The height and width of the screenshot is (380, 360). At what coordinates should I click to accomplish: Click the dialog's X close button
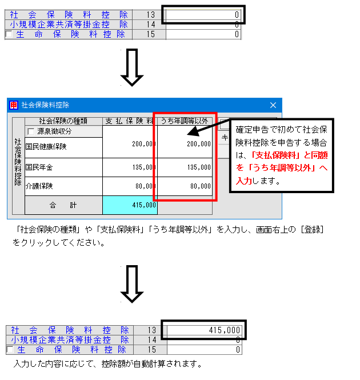tap(273, 105)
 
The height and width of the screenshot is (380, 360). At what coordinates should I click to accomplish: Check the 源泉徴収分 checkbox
tap(31, 131)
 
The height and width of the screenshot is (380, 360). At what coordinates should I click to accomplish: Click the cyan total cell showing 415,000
tap(130, 205)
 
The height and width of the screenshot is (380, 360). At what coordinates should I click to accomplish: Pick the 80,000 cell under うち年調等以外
tap(185, 186)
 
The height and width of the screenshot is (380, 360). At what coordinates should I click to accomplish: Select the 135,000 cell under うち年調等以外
tap(185, 167)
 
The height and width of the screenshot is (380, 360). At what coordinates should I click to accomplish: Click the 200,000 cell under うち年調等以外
tap(185, 144)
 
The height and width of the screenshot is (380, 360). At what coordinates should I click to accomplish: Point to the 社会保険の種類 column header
tap(63, 121)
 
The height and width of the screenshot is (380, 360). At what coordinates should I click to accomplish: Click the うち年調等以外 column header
tap(185, 121)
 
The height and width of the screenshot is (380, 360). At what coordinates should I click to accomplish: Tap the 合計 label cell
tap(63, 205)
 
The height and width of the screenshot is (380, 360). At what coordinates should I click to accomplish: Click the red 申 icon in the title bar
tap(14, 105)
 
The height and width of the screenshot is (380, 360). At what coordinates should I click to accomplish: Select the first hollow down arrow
tap(132, 67)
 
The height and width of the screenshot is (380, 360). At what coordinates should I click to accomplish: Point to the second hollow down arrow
tap(132, 284)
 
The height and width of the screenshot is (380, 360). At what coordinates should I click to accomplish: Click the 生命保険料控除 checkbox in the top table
tap(9, 34)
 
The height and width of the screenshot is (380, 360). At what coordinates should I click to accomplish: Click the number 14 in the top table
tap(150, 25)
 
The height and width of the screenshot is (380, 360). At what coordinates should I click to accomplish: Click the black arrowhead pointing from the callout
tap(194, 131)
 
